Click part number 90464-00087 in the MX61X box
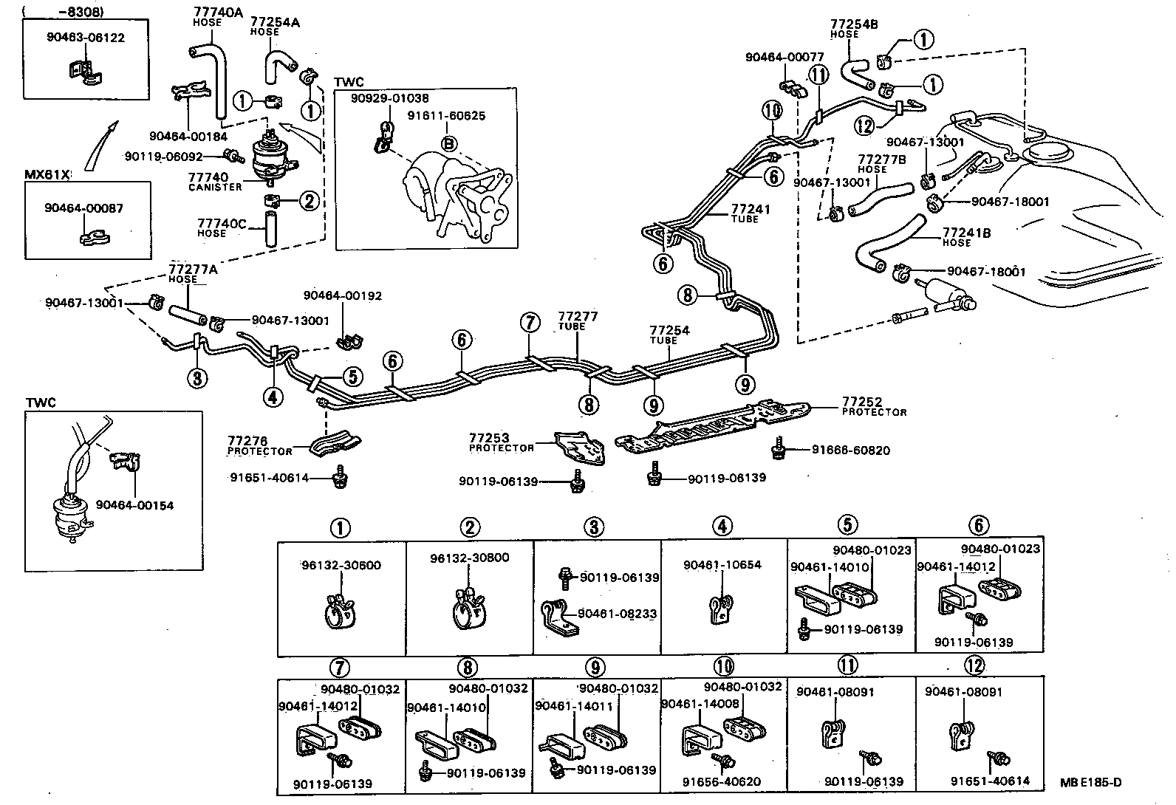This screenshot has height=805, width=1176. click(x=83, y=208)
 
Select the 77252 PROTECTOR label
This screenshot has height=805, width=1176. click(x=873, y=406)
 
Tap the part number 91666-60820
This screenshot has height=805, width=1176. click(x=850, y=450)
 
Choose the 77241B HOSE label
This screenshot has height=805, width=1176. click(x=967, y=237)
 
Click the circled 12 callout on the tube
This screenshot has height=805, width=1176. click(x=866, y=126)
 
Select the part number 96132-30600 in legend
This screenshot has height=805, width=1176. click(x=341, y=566)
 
